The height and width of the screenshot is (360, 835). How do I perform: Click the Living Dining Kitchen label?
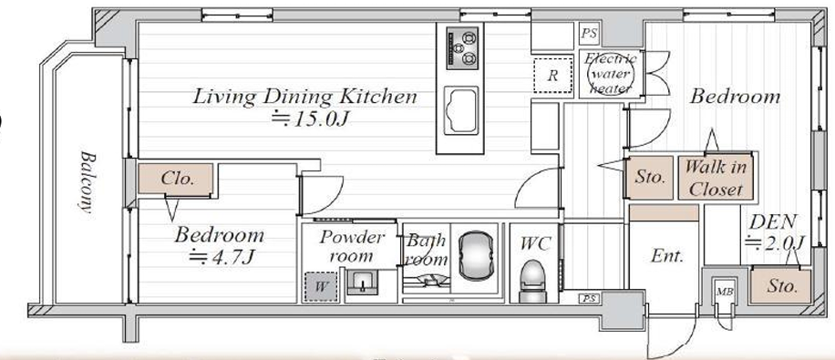tap(304, 97)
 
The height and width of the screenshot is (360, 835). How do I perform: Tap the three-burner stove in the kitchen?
tap(461, 48)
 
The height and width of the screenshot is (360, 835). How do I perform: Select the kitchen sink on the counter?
tap(460, 110)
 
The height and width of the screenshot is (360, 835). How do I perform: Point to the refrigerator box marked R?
tap(553, 75)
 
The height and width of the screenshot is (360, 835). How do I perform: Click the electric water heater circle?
tap(610, 74)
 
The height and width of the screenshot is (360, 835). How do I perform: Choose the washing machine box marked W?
tap(321, 286)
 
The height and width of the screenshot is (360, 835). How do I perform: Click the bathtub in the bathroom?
tap(475, 255)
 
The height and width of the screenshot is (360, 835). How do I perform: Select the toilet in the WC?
tap(534, 280)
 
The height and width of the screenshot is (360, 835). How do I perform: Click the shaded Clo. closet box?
tap(176, 179)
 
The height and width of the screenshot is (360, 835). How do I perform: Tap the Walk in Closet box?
tap(716, 178)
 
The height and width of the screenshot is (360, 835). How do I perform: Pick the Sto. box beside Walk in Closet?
tap(651, 178)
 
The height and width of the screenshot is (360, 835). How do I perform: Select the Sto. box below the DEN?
tap(781, 286)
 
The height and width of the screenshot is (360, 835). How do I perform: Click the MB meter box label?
tap(724, 292)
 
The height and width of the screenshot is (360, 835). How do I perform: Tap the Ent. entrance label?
tap(666, 257)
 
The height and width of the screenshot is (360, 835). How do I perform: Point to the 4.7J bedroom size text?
tap(222, 257)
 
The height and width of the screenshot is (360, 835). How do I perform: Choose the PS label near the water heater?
tap(589, 34)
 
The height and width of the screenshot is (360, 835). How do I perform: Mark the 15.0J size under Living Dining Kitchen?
tap(309, 118)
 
